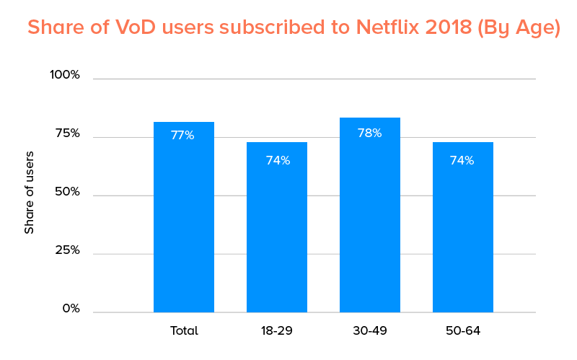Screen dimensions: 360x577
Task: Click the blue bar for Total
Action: (184, 224)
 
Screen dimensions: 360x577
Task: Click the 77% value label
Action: (182, 135)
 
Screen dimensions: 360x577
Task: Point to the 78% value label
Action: (370, 133)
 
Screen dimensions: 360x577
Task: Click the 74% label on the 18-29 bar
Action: (278, 160)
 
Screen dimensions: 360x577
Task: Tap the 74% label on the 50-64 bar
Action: (462, 160)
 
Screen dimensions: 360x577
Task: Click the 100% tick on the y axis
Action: (65, 75)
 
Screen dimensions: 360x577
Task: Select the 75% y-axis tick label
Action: (66, 133)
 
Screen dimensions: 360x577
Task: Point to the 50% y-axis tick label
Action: (66, 192)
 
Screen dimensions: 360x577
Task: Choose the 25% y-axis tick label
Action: (66, 250)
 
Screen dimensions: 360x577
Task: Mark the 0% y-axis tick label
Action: (71, 309)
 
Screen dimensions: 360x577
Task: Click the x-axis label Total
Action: (184, 331)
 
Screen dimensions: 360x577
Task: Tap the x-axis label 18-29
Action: (277, 331)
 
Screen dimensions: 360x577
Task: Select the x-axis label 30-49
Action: (370, 331)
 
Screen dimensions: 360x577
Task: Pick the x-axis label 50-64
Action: (463, 331)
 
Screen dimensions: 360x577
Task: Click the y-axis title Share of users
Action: (30, 192)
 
